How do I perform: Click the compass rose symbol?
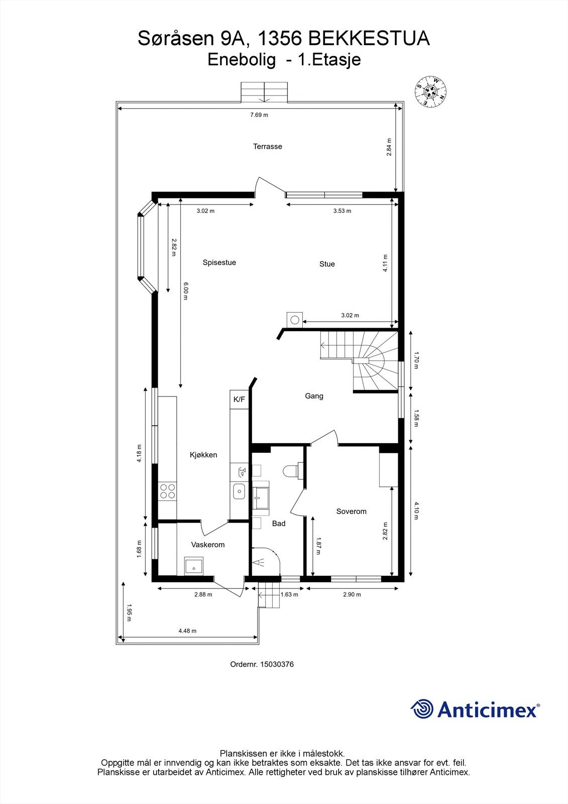click(431, 91)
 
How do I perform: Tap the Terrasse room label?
click(267, 147)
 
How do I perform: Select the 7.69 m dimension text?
click(259, 115)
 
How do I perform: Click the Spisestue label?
click(219, 262)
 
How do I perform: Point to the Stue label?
click(327, 264)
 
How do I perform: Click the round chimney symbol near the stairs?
click(295, 319)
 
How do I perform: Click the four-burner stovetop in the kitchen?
click(167, 491)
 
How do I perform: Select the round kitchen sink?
click(240, 491)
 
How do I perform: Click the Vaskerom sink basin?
click(193, 566)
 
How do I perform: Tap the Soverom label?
click(351, 512)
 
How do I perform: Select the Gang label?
click(314, 396)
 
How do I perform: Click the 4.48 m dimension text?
click(187, 631)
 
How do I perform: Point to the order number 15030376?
click(276, 664)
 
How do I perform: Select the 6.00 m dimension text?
click(185, 291)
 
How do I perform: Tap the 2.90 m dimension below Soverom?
click(352, 594)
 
